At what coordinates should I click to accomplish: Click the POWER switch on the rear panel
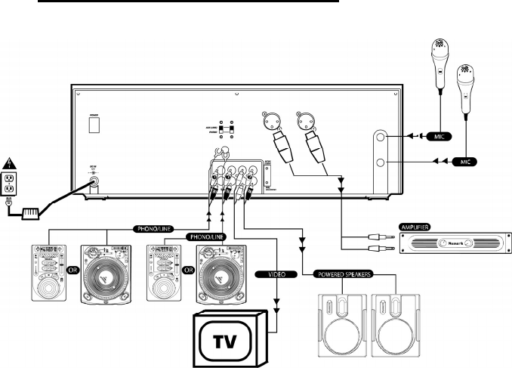click(94, 125)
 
